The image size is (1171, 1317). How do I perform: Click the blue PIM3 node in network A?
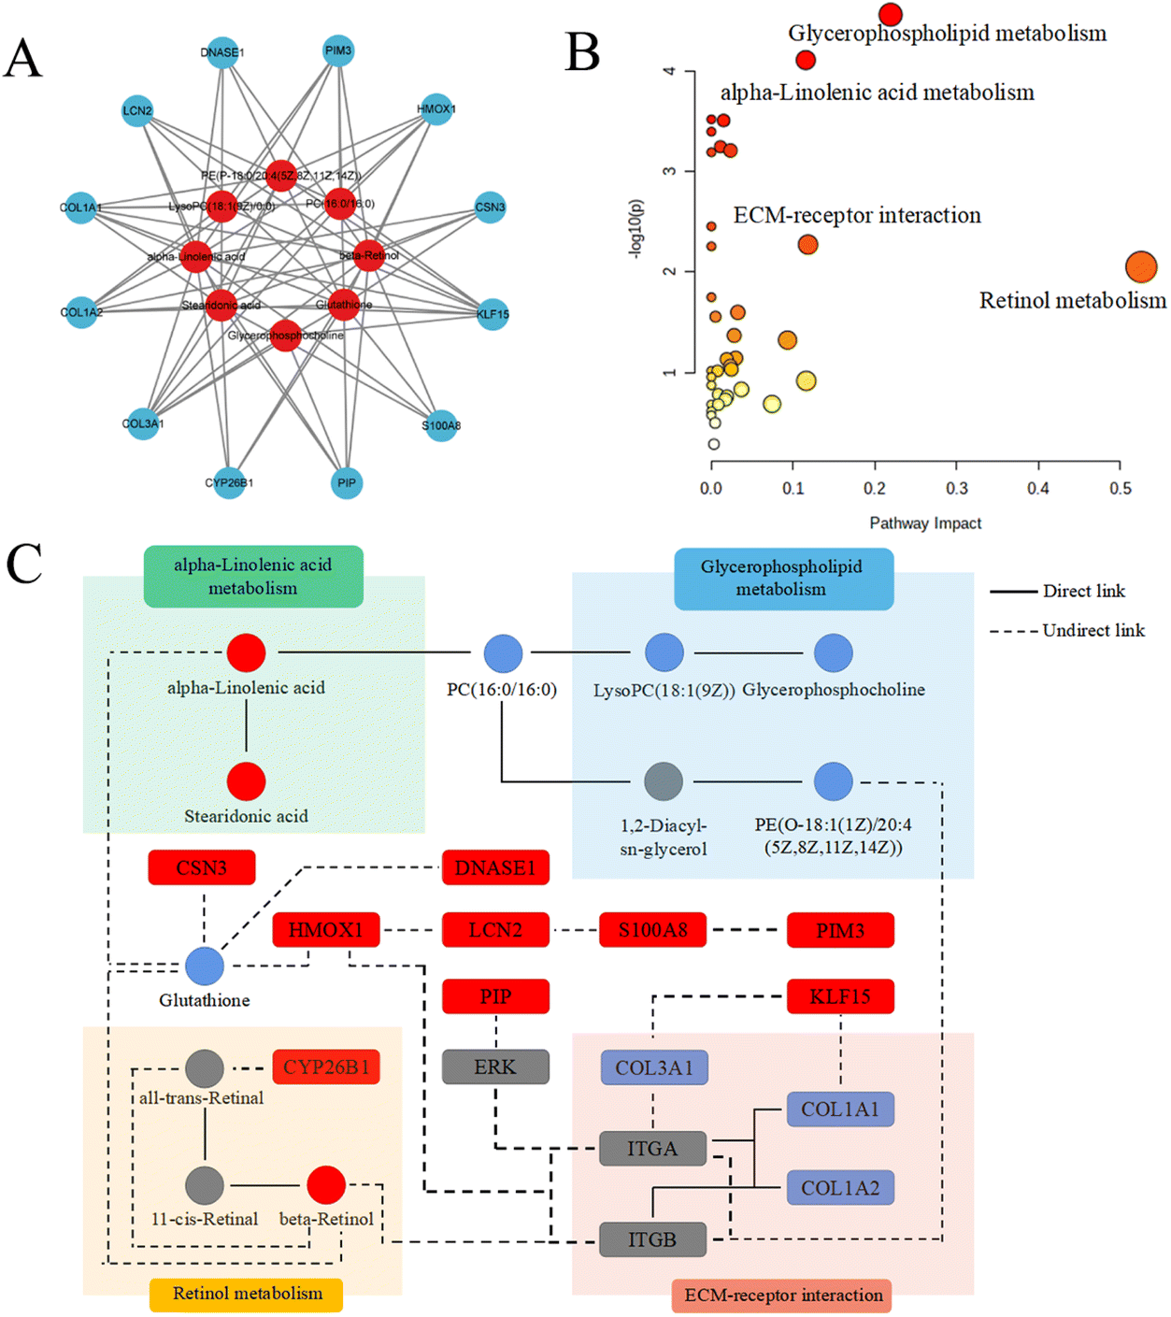[x=338, y=50]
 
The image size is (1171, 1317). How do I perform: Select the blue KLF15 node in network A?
[x=493, y=314]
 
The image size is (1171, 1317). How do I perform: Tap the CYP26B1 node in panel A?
[x=229, y=482]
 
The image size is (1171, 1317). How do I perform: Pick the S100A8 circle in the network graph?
[x=441, y=425]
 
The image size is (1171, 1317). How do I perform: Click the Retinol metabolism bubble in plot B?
[x=1140, y=267]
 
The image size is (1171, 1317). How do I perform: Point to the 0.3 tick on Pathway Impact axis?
[x=956, y=488]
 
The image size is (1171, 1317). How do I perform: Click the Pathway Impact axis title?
[x=924, y=523]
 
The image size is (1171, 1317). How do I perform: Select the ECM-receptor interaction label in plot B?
[x=856, y=216]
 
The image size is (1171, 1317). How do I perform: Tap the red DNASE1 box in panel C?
[x=494, y=867]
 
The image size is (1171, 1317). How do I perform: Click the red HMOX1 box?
[x=325, y=930]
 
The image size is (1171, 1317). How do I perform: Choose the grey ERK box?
[x=494, y=1066]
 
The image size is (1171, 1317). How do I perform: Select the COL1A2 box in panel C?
[x=839, y=1188]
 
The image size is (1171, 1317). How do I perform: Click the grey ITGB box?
[x=651, y=1239]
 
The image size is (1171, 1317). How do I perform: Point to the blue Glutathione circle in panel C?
[x=204, y=966]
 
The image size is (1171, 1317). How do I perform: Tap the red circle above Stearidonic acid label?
[x=246, y=780]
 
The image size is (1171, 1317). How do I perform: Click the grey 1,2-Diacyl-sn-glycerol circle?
[x=664, y=780]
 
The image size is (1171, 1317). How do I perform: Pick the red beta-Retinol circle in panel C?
[x=326, y=1185]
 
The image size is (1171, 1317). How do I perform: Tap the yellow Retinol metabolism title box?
[x=247, y=1294]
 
